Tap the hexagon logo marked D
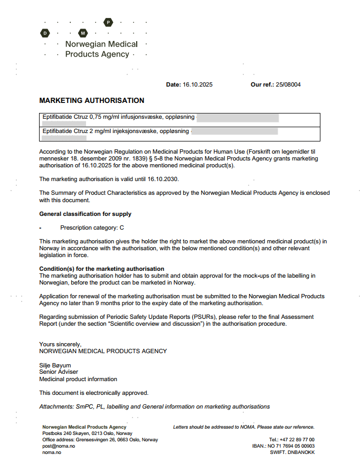pos(45,33)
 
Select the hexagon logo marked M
pos(82,33)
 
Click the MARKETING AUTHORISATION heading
pos(91,100)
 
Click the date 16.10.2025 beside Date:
pos(197,84)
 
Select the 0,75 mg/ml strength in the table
pos(103,117)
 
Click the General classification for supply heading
pos(85,214)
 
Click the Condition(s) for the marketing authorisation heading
pos(101,269)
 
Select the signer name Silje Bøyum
pos(55,365)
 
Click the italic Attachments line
pos(154,406)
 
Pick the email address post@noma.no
pos(59,446)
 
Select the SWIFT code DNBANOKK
pos(302,452)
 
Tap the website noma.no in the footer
pos(51,452)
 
